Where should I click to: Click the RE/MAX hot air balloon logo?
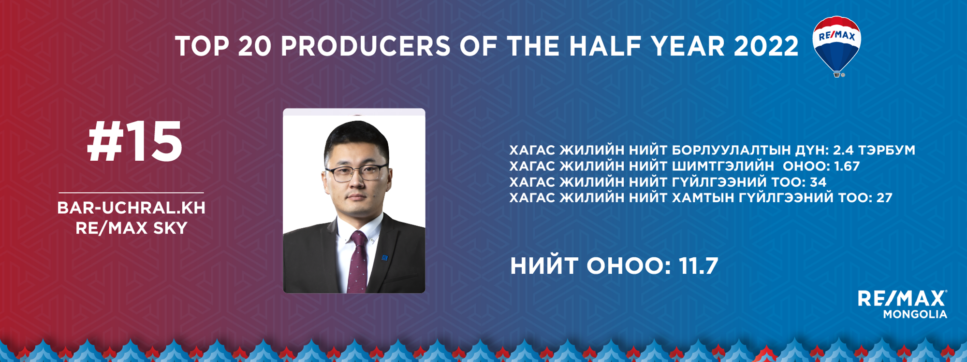[x=837, y=46]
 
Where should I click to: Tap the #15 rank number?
[x=134, y=142]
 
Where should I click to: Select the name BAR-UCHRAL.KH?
[x=131, y=208]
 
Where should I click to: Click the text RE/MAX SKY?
[x=131, y=228]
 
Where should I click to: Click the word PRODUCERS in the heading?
[x=366, y=46]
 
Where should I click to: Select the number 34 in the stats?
[x=818, y=182]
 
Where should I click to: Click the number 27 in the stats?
[x=884, y=197]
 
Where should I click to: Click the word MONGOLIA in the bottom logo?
[x=915, y=314]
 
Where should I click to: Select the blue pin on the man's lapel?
[x=385, y=258]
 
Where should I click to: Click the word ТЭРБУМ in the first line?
[x=887, y=150]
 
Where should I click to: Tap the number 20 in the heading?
[x=255, y=46]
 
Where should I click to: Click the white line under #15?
[x=131, y=193]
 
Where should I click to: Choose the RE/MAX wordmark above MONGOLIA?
[x=903, y=298]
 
